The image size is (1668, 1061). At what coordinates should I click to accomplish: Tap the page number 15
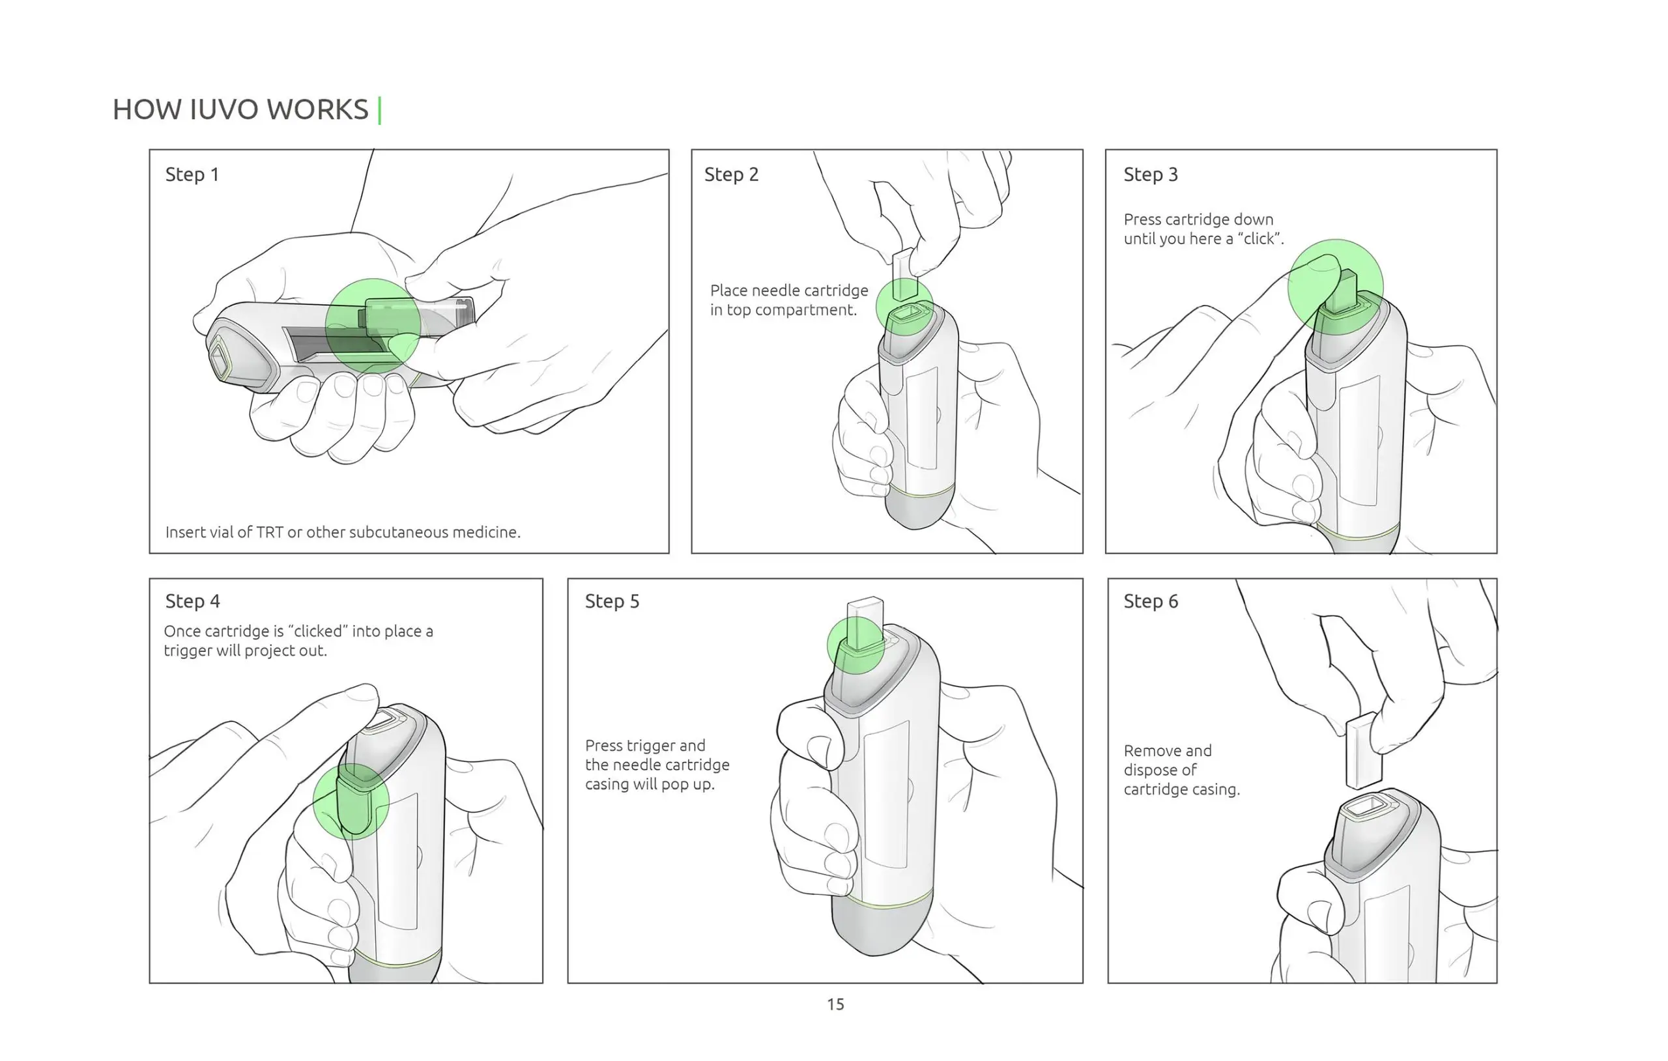pos(835,1004)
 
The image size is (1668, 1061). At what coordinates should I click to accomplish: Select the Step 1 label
pos(192,175)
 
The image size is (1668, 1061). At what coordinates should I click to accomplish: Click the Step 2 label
pos(731,175)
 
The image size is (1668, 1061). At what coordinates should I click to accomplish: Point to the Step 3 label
pos(1151,175)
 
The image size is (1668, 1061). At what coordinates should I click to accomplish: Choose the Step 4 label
pos(193,601)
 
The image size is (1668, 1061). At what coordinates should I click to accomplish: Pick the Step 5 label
pos(612,601)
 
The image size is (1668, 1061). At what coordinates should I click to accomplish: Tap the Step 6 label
pos(1151,601)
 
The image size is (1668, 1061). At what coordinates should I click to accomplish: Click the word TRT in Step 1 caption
pos(270,532)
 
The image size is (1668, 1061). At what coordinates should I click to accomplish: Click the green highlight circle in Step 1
pos(373,326)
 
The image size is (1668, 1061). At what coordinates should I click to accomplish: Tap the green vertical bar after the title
pos(380,110)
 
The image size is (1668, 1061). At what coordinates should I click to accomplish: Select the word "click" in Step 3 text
pos(1259,239)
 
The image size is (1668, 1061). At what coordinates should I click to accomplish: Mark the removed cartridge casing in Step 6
pos(1362,752)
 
